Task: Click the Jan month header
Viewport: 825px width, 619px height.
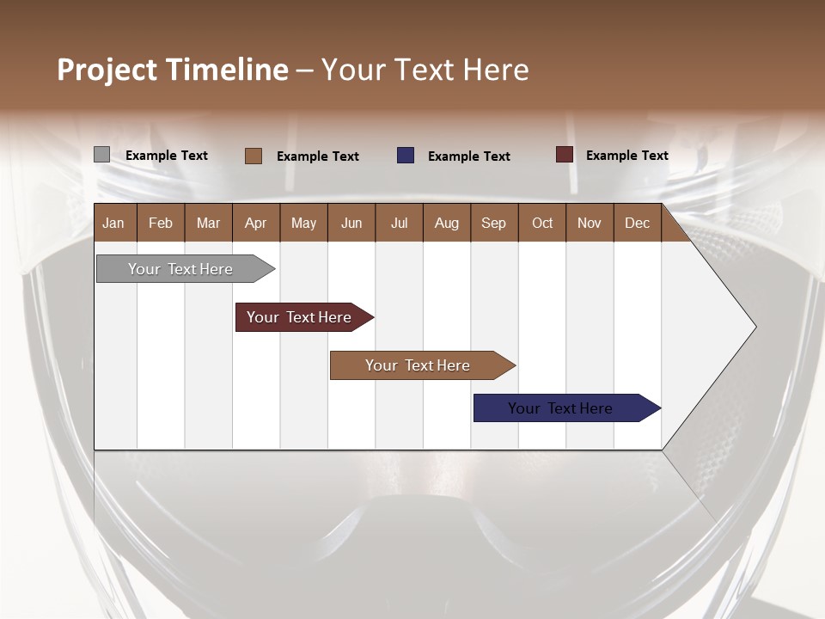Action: pyautogui.click(x=113, y=223)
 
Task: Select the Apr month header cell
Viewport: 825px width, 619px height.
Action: pyautogui.click(x=256, y=223)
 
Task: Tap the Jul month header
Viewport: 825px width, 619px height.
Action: pyautogui.click(x=399, y=223)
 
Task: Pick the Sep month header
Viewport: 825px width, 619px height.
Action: pyautogui.click(x=493, y=223)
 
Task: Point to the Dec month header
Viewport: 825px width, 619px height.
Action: pyautogui.click(x=637, y=223)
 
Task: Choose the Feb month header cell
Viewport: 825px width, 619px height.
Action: pyautogui.click(x=161, y=223)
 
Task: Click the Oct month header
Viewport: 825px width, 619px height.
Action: pyautogui.click(x=542, y=223)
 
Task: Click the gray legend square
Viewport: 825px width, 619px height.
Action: pyautogui.click(x=101, y=155)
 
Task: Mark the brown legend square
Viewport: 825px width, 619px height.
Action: pyautogui.click(x=253, y=156)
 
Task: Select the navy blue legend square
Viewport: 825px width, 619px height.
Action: pyautogui.click(x=406, y=156)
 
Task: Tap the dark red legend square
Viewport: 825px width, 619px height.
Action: pyautogui.click(x=564, y=155)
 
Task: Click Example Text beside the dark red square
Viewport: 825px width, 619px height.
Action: pyautogui.click(x=626, y=156)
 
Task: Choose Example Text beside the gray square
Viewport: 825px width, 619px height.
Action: pyautogui.click(x=167, y=156)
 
